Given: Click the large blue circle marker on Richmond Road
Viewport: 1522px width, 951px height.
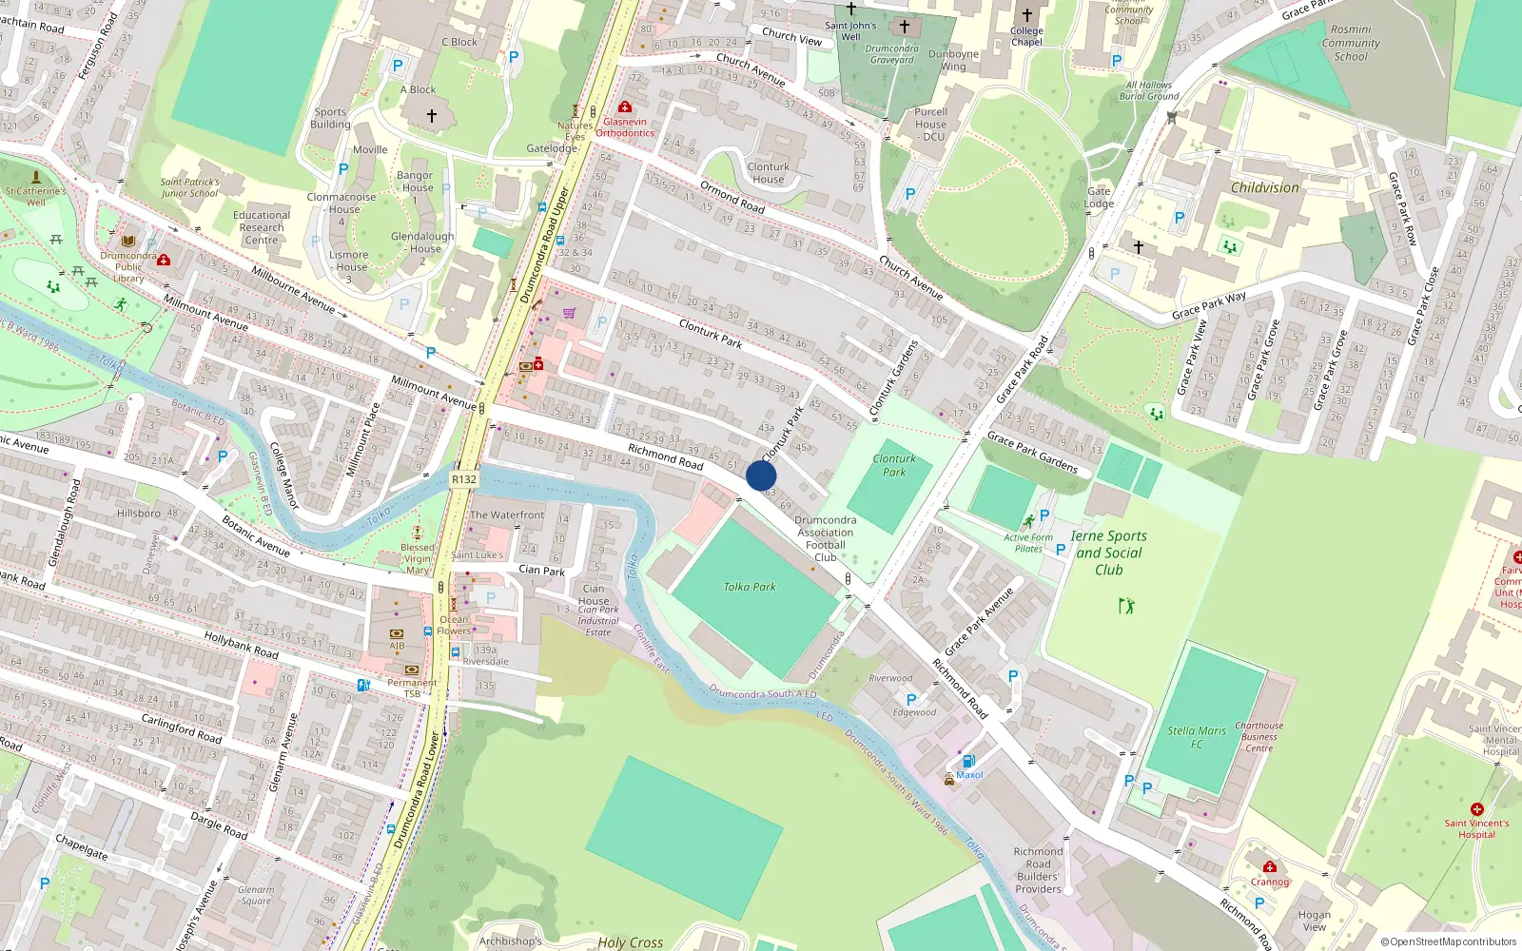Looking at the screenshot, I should coord(761,475).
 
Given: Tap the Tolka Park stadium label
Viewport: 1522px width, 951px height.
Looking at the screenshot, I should coord(750,587).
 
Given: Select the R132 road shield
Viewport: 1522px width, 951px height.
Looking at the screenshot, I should coord(464,479).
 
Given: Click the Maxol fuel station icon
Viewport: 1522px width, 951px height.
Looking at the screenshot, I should coord(968,761).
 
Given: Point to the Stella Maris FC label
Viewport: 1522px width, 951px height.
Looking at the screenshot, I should coord(1197,737).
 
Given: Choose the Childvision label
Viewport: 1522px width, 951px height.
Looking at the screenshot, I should coord(1264,187).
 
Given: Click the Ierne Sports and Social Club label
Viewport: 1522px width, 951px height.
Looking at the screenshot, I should coord(1108,553).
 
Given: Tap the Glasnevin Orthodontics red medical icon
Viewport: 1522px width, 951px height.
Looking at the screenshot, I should coord(625,107).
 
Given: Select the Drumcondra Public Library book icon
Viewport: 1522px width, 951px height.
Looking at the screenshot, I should coord(128,242).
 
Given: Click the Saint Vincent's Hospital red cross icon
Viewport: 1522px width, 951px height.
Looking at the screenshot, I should coord(1476,809).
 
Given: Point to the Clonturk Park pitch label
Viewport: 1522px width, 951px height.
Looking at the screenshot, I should coord(894,465).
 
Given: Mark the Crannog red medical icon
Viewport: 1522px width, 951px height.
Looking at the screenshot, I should coord(1269,866).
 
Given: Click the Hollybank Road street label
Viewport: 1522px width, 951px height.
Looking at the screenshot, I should coord(241,647).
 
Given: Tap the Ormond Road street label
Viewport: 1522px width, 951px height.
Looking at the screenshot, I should coord(732,197).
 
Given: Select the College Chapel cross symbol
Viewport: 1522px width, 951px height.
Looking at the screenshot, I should coord(1026,15).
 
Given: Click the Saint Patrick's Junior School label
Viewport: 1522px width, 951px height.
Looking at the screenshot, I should coord(189,187).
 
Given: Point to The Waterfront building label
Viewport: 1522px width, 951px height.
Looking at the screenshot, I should coord(507,514).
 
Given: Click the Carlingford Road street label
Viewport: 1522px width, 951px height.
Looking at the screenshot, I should coord(182,728).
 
